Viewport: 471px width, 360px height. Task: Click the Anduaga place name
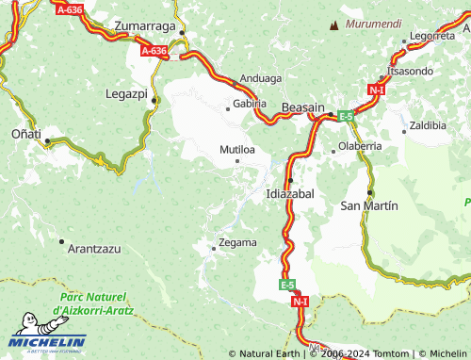point(261,79)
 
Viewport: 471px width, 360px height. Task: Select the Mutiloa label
point(237,149)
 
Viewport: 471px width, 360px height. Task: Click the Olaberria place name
point(360,146)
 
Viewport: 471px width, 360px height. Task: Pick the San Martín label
point(368,205)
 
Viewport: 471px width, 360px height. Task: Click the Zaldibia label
point(428,124)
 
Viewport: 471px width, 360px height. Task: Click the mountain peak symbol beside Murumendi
point(333,25)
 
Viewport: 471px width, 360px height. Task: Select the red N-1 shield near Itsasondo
point(377,90)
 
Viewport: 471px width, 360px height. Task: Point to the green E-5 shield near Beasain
point(347,116)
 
